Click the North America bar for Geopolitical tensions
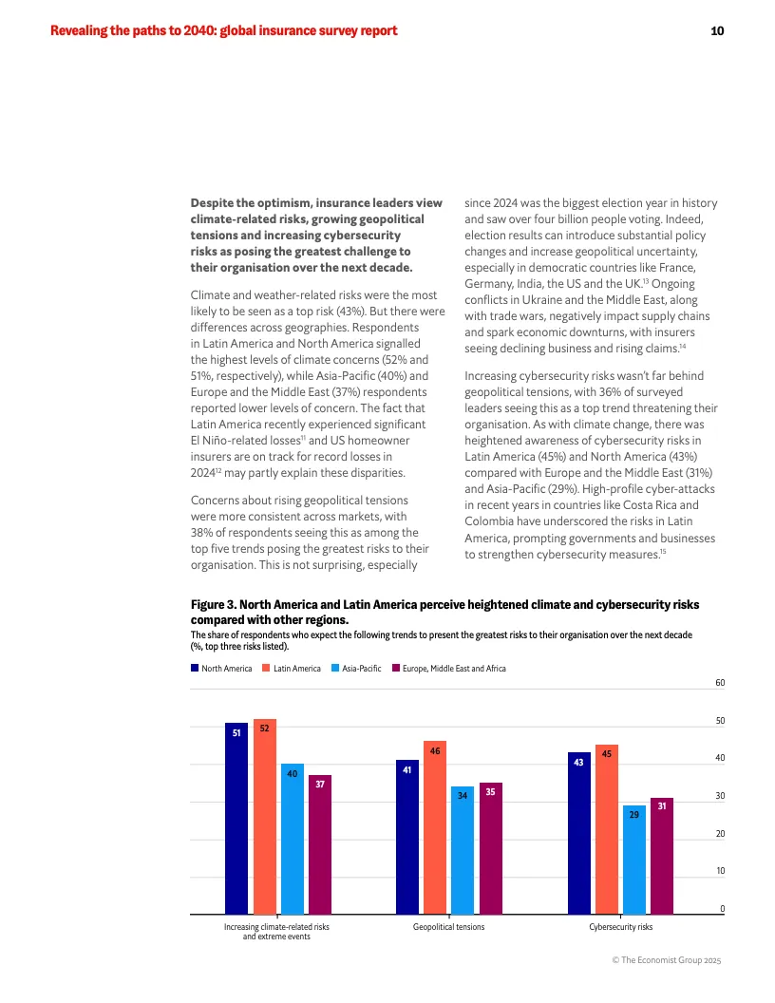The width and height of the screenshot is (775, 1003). tap(407, 836)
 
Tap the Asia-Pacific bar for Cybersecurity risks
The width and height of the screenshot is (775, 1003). tap(634, 860)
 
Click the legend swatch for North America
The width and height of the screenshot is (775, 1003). tap(195, 669)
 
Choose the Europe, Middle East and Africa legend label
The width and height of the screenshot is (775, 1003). tap(454, 669)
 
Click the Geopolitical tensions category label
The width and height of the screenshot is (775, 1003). tap(448, 926)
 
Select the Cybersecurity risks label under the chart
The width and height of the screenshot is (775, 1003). tap(620, 926)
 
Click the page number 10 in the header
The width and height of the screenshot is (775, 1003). tap(717, 31)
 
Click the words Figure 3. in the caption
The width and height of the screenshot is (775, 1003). tap(213, 604)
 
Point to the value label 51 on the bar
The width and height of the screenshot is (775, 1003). tap(236, 732)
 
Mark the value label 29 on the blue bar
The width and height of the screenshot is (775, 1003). tap(634, 815)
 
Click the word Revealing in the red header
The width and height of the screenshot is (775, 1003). tap(81, 31)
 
